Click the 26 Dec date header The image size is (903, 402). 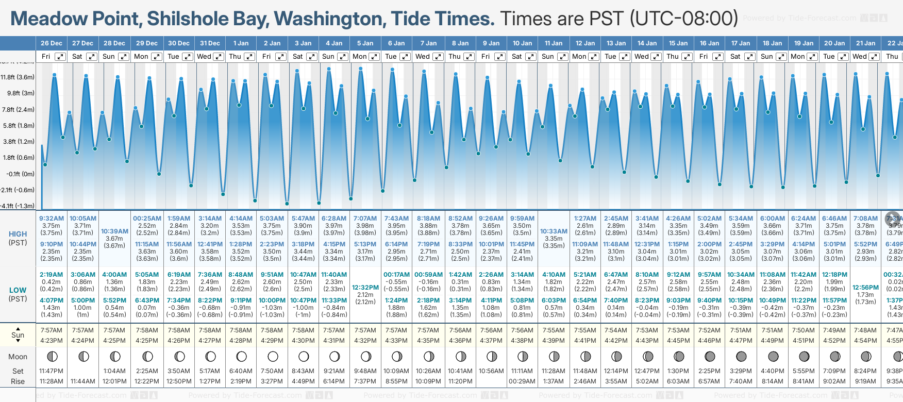[x=52, y=43]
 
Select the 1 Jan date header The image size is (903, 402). [x=241, y=43]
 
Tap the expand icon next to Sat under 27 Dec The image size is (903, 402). [x=92, y=57]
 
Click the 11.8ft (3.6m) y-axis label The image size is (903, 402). [x=18, y=77]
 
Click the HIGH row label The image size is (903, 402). [x=18, y=234]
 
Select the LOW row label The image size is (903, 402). [x=18, y=291]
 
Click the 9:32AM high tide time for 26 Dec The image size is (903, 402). [x=52, y=219]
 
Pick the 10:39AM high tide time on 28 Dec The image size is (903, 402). [x=114, y=231]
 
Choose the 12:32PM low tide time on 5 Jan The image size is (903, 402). [x=365, y=288]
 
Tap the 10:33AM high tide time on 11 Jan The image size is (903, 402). [x=554, y=231]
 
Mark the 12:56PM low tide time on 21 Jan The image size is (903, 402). [x=865, y=288]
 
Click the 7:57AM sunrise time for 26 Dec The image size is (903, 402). [x=52, y=330]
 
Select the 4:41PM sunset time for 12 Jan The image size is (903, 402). [x=585, y=341]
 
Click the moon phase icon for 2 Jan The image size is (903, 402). [x=273, y=356]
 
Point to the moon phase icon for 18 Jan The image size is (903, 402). [x=773, y=356]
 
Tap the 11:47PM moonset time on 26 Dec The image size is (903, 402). [x=52, y=371]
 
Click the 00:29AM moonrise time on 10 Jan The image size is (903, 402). [x=522, y=381]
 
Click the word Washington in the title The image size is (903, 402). [x=330, y=19]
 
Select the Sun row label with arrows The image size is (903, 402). [x=18, y=335]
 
